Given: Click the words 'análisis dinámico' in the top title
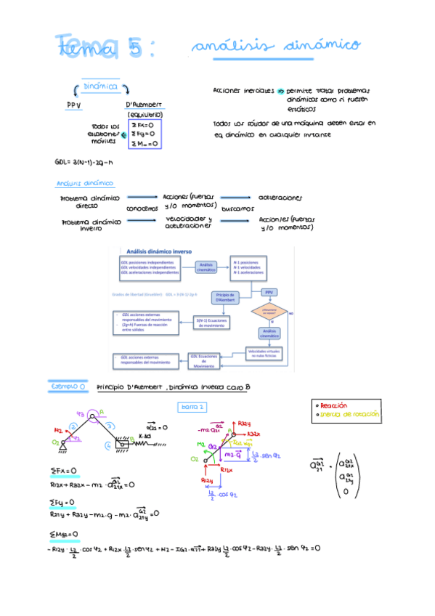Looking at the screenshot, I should point(276,46).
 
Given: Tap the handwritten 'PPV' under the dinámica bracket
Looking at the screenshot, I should point(75,104).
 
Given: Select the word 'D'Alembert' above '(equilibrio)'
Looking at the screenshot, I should point(145,104).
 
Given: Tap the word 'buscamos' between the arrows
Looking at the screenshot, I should point(237,208).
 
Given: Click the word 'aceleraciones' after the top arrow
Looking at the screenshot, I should point(280,198).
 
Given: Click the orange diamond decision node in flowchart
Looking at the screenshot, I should point(264,312).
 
